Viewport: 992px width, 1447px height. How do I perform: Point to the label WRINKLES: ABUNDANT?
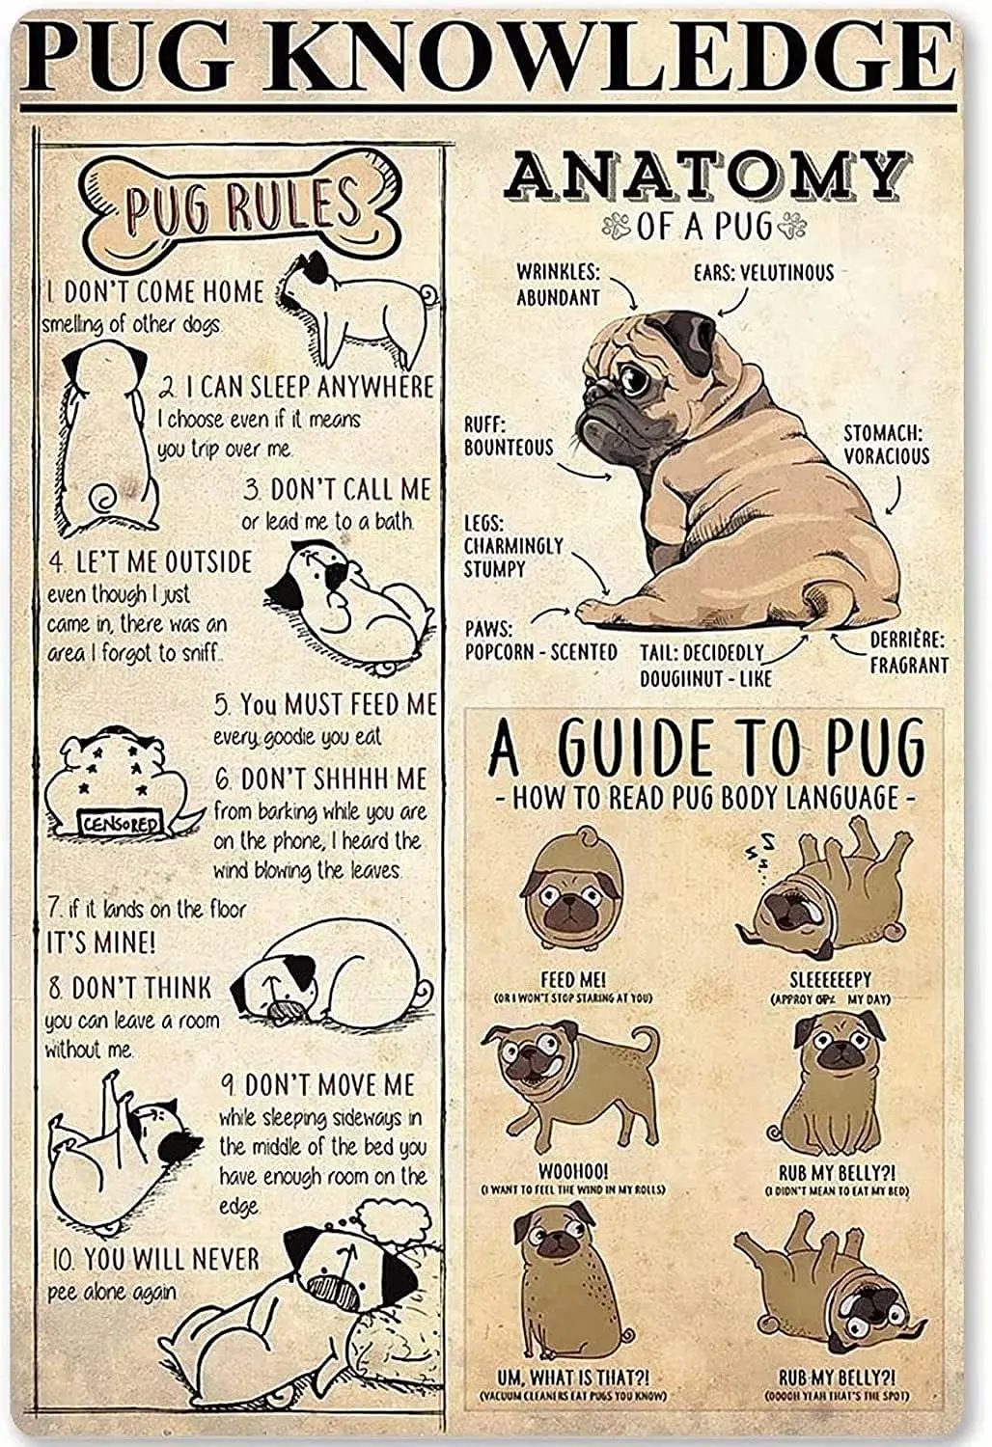pyautogui.click(x=558, y=285)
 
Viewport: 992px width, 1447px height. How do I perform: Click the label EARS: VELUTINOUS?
pyautogui.click(x=763, y=272)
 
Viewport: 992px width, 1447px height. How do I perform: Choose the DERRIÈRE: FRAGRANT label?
pyautogui.click(x=908, y=652)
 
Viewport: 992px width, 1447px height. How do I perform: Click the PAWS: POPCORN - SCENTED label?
pyautogui.click(x=540, y=641)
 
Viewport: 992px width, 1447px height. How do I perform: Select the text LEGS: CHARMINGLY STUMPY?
pyautogui.click(x=512, y=546)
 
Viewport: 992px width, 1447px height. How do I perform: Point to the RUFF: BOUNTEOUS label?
pyautogui.click(x=508, y=435)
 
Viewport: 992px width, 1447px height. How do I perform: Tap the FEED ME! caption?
pyautogui.click(x=572, y=979)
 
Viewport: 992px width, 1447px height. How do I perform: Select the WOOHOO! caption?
pyautogui.click(x=572, y=1172)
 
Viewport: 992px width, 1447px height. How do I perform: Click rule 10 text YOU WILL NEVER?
pyautogui.click(x=171, y=1259)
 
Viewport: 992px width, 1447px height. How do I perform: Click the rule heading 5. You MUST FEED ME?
pyautogui.click(x=324, y=703)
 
